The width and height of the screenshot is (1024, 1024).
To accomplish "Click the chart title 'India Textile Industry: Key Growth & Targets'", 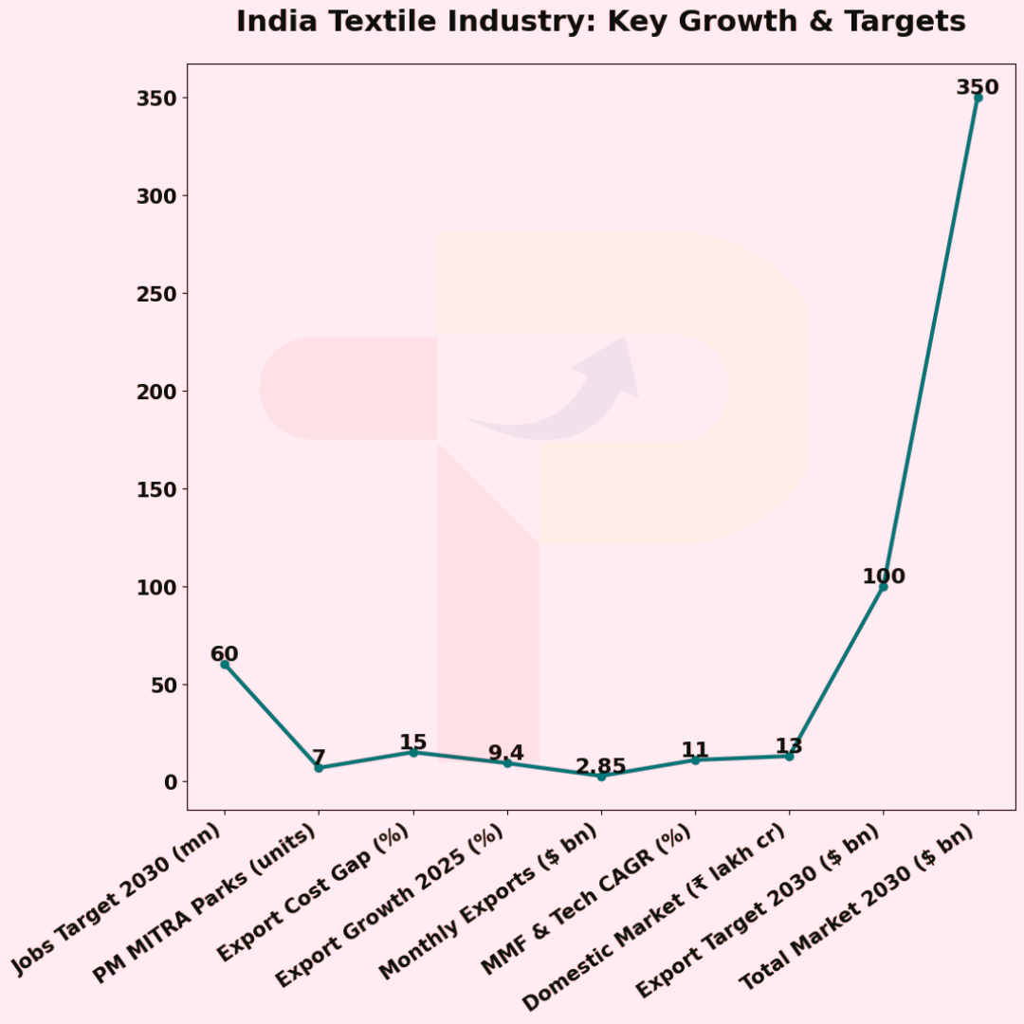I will pos(600,22).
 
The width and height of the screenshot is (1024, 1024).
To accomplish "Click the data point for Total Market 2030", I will pos(978,98).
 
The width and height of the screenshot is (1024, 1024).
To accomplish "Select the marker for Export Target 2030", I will pos(883,587).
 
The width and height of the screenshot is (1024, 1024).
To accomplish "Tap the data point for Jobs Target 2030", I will pos(225,665).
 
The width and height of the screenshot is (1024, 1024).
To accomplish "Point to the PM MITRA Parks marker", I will pos(319,768).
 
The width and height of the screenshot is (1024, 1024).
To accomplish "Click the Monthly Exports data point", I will pos(601,777).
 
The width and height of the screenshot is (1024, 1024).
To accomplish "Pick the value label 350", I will pos(977,87).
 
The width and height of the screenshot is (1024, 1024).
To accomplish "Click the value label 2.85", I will pos(601,766).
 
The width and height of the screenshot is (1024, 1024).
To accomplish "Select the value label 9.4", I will pos(506,753).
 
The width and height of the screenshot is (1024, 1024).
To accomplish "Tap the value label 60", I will pos(225,654).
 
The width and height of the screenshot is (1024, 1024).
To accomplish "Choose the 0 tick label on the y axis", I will pos(171,782).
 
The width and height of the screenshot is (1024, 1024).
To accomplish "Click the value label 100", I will pos(883,576).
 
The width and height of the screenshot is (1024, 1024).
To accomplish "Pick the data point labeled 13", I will pos(789,756).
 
